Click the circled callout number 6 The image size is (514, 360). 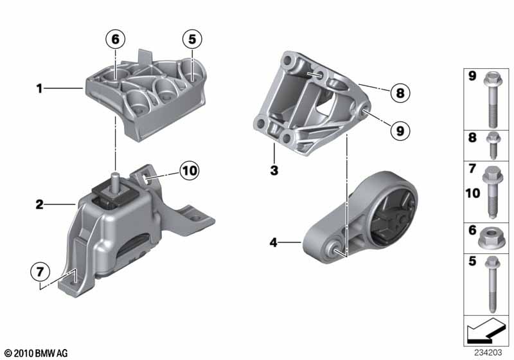(x=116, y=39)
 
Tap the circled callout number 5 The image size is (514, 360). (x=192, y=39)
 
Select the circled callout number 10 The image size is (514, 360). (x=190, y=170)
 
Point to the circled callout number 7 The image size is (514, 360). (x=40, y=272)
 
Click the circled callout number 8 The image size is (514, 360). (x=400, y=93)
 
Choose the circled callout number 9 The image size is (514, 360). (x=400, y=130)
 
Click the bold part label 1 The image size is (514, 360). (x=39, y=88)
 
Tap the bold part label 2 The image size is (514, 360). (x=39, y=204)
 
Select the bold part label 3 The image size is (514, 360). (x=274, y=170)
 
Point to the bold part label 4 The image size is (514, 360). (x=274, y=242)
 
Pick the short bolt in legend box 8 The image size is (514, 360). (x=492, y=145)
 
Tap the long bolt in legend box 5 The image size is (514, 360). (x=492, y=284)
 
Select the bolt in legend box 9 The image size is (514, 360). (x=492, y=100)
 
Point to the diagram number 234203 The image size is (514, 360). (x=488, y=352)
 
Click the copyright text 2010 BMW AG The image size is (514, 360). (x=37, y=353)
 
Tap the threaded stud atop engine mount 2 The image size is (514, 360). (x=115, y=181)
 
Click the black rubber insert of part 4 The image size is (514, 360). (x=393, y=217)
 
